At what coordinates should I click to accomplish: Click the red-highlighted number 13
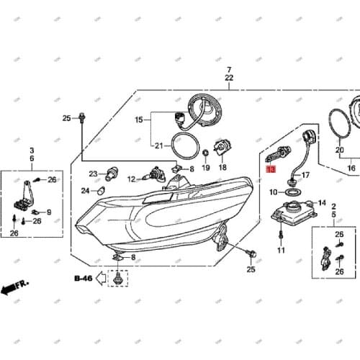270,170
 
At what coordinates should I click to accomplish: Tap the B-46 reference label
84,277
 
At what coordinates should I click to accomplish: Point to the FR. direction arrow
14,288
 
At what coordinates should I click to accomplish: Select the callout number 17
305,175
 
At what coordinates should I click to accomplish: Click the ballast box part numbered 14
292,212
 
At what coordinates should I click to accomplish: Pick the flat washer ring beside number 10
291,192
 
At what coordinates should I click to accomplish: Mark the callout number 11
282,251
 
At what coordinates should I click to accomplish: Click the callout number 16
351,168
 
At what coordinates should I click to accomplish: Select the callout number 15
139,121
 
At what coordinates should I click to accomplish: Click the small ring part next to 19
205,153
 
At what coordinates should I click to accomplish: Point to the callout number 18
222,167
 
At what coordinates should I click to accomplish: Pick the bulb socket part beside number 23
112,174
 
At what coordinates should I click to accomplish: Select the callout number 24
85,191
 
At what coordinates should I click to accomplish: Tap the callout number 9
48,212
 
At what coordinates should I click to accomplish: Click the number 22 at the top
229,77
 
